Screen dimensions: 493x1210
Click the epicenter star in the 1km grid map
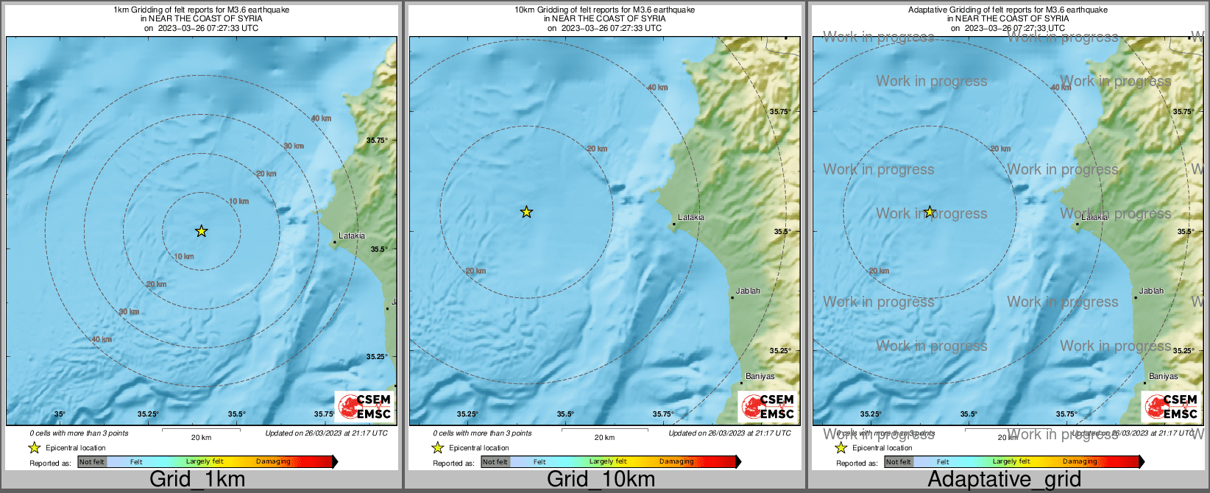point(201,231)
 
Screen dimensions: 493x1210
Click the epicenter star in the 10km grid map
point(526,213)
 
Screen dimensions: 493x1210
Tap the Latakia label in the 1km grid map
point(352,236)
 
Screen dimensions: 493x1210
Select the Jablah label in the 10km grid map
point(748,291)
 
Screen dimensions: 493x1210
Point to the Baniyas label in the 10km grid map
point(760,376)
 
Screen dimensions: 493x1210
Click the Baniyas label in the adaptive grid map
point(1163,376)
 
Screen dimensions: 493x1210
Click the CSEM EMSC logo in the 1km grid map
point(364,406)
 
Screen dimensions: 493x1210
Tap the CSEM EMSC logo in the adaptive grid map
point(1171,406)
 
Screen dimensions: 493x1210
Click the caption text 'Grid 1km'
point(197,480)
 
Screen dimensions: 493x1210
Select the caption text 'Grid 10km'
point(601,480)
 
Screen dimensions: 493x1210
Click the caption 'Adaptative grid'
point(1004,480)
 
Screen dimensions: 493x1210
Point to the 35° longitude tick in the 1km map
point(60,414)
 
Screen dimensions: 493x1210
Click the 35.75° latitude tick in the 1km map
point(377,140)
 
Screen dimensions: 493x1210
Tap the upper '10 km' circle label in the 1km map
point(238,202)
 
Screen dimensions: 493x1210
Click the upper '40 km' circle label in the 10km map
point(657,88)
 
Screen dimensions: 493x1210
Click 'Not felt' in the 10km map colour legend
point(495,462)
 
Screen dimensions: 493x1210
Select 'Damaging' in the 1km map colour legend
point(273,462)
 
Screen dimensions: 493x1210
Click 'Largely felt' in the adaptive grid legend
point(1011,462)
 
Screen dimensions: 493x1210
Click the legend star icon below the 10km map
point(437,447)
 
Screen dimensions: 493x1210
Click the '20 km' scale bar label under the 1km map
point(201,437)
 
